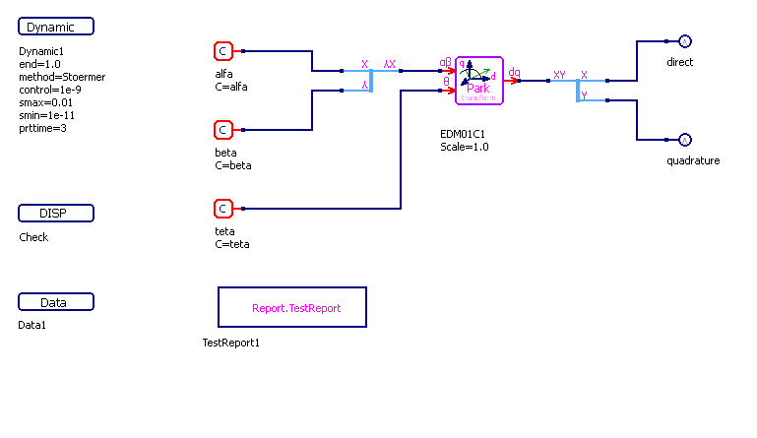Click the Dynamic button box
(x=56, y=27)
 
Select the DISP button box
(x=56, y=214)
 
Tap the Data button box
(x=56, y=302)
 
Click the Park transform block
(x=479, y=80)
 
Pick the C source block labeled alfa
(x=223, y=51)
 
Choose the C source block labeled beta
(x=223, y=130)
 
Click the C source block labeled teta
(x=223, y=209)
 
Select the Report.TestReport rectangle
(x=291, y=307)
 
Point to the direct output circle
(x=685, y=41)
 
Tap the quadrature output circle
(x=685, y=140)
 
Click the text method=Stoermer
(x=62, y=77)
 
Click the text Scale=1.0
(x=465, y=147)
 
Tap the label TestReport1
(x=231, y=343)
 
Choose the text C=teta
(x=232, y=244)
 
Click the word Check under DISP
(x=33, y=237)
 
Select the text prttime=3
(x=43, y=128)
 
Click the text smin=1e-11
(x=45, y=115)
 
